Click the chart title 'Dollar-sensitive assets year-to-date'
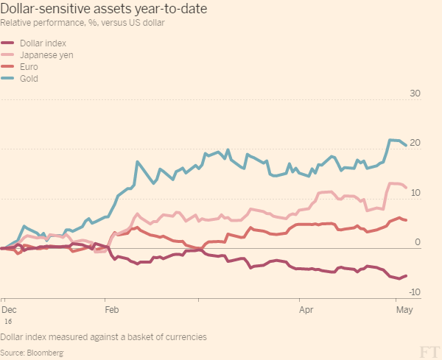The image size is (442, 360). click(103, 9)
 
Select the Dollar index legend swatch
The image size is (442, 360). click(10, 43)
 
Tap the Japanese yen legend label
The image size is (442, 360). click(46, 54)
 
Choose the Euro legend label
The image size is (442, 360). click(30, 66)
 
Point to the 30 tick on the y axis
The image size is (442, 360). click(415, 93)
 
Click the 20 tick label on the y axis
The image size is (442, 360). click(415, 143)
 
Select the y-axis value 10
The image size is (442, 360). click(415, 192)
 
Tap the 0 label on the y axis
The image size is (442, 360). click(417, 241)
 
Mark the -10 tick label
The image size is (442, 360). click(414, 292)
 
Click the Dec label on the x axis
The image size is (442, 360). click(10, 311)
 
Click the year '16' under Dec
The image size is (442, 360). click(8, 322)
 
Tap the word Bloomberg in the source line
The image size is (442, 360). click(45, 353)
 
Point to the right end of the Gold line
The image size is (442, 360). click(406, 145)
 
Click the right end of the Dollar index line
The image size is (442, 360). click(406, 275)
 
